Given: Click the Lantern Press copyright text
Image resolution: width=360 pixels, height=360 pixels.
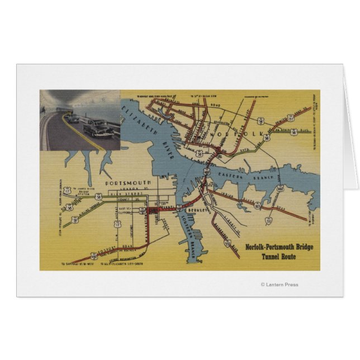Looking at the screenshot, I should tap(280, 285).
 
